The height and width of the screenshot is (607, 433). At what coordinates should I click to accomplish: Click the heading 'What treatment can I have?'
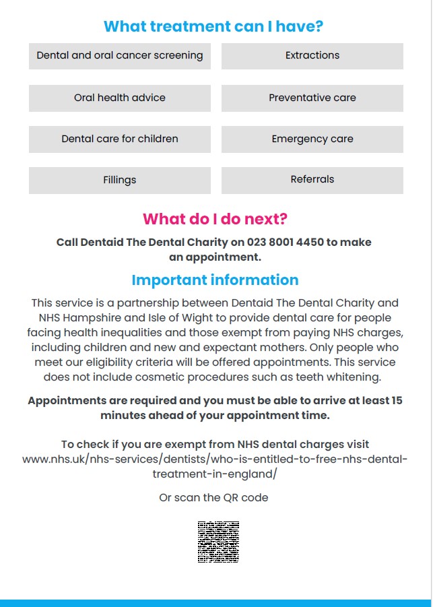(213, 26)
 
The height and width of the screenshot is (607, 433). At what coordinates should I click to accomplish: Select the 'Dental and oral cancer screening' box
(120, 56)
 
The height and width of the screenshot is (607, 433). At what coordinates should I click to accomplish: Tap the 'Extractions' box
(312, 56)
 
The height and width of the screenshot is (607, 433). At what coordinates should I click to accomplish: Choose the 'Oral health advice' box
(120, 98)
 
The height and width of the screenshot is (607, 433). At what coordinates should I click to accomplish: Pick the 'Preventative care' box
(312, 98)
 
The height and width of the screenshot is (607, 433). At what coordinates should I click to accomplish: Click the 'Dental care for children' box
(120, 139)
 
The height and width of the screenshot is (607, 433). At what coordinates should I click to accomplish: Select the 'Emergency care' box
(312, 139)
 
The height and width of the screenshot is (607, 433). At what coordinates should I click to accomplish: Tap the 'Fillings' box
(120, 180)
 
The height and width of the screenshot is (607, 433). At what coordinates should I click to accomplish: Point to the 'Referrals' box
(312, 180)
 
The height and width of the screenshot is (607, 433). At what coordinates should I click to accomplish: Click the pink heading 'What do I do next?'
(215, 219)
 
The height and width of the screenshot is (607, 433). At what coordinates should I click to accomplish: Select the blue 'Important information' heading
(215, 280)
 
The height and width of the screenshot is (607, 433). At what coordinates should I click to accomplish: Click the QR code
(218, 542)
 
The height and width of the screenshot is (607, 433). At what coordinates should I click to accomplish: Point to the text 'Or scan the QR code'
(213, 498)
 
